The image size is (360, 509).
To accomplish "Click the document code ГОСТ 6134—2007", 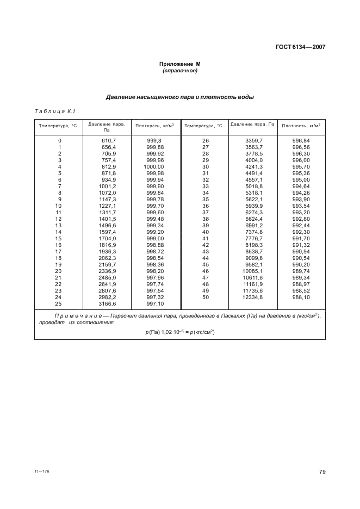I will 301,47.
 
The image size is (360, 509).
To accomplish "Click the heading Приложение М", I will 179,64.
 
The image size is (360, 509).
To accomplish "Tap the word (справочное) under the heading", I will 179,71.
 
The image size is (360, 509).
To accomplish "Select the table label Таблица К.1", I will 54,112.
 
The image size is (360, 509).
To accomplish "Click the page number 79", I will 322,471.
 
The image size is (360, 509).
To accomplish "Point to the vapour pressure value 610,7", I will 109,140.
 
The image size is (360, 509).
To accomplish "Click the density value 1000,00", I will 154,166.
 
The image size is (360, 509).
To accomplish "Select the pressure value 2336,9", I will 108,271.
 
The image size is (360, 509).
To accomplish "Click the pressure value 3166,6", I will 108,303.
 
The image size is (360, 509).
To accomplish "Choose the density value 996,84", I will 301,140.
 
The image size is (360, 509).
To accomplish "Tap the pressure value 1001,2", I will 108,186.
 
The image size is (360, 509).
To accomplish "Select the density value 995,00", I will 301,179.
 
